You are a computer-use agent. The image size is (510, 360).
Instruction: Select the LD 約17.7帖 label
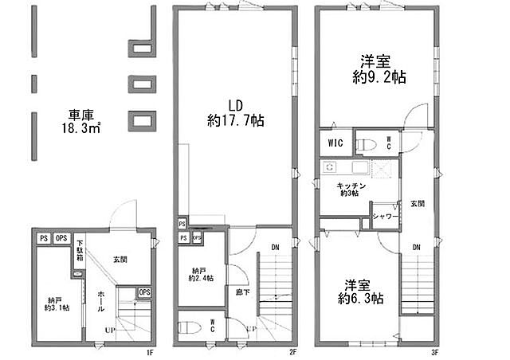point(235,113)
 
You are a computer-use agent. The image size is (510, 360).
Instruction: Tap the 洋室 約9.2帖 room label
point(374,69)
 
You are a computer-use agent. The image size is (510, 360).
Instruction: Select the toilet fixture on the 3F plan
point(366,144)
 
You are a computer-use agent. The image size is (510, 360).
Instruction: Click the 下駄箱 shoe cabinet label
point(80,253)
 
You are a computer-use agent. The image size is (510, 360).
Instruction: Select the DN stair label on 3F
point(417,248)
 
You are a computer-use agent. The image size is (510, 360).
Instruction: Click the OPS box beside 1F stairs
point(143,292)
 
